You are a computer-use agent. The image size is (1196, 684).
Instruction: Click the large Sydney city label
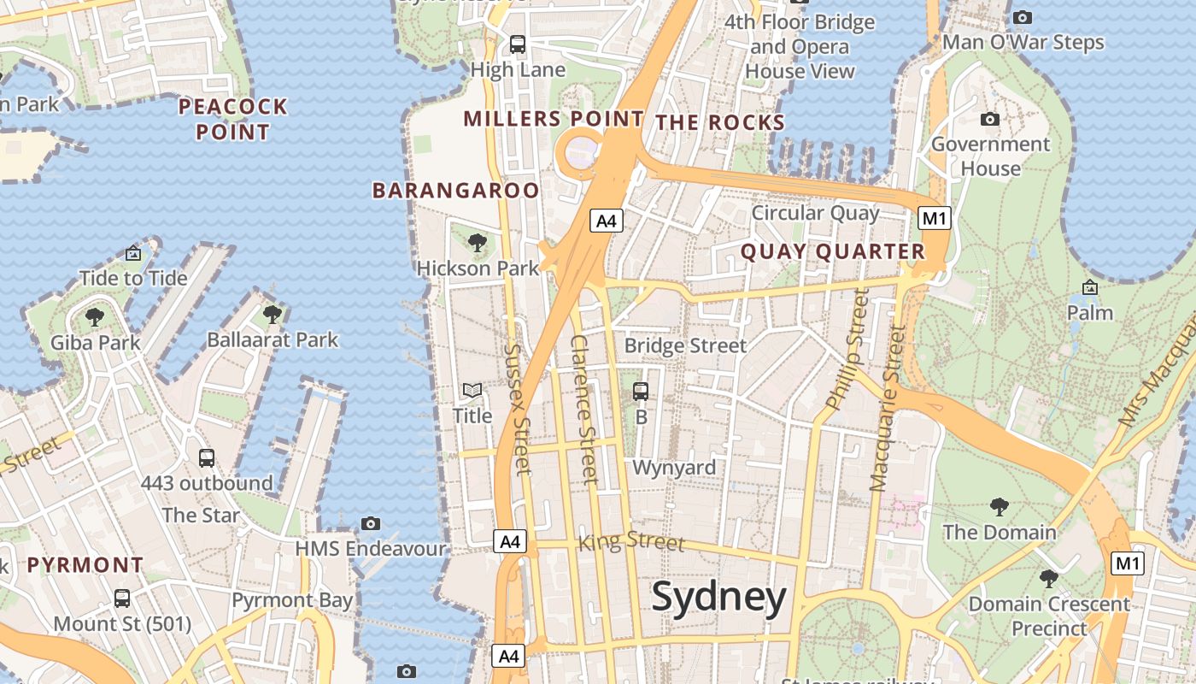pyautogui.click(x=718, y=598)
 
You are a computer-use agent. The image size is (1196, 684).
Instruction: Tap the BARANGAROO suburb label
pyautogui.click(x=455, y=190)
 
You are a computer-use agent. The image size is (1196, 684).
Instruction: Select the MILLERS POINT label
pyautogui.click(x=554, y=119)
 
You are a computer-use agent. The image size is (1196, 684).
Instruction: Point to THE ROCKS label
pyautogui.click(x=720, y=122)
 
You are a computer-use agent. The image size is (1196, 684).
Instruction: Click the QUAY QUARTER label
pyautogui.click(x=833, y=251)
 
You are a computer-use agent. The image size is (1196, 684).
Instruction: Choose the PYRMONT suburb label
pyautogui.click(x=85, y=565)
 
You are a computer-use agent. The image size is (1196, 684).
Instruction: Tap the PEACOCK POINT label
pyautogui.click(x=232, y=120)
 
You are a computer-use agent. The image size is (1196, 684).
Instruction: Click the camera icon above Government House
pyautogui.click(x=990, y=119)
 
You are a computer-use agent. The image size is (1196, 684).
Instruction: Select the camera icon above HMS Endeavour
pyautogui.click(x=371, y=523)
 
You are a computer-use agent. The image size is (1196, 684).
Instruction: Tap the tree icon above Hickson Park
pyautogui.click(x=478, y=243)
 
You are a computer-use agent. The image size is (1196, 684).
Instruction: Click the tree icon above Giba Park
pyautogui.click(x=95, y=317)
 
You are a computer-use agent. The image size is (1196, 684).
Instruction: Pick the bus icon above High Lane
pyautogui.click(x=518, y=44)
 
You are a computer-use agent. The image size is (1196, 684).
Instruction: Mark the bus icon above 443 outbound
pyautogui.click(x=206, y=457)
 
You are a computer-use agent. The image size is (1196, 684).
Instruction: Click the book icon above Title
pyautogui.click(x=472, y=391)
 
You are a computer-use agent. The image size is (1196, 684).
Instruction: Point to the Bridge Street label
pyautogui.click(x=685, y=345)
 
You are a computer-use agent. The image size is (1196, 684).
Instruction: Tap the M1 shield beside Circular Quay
pyautogui.click(x=934, y=218)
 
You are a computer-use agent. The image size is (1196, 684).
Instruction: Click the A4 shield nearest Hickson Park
pyautogui.click(x=606, y=221)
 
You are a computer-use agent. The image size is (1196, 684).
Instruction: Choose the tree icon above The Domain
pyautogui.click(x=999, y=507)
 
